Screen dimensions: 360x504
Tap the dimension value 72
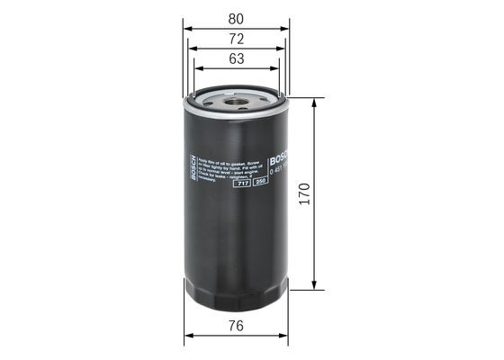[236, 39]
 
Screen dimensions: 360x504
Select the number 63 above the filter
[236, 59]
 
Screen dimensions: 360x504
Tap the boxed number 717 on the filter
[242, 183]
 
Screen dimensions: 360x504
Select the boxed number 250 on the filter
[259, 183]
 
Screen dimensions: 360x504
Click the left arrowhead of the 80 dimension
[187, 27]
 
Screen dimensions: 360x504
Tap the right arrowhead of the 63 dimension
[277, 69]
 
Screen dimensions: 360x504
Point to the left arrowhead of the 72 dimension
[193, 49]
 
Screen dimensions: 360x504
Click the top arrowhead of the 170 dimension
[314, 102]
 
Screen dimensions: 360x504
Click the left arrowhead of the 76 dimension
[188, 337]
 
